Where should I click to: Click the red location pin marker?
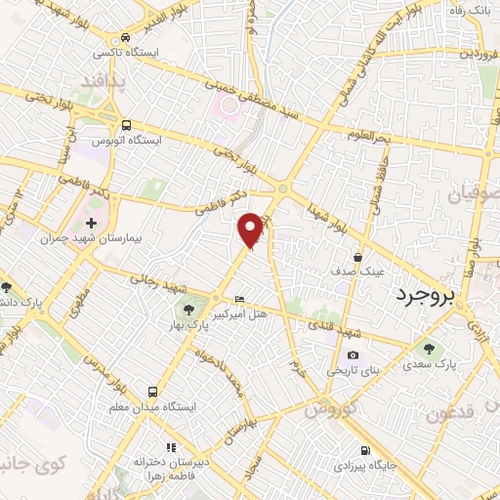coord(251,229)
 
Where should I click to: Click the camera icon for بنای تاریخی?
coord(353,354)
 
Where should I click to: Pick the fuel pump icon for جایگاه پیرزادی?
coord(363,451)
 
